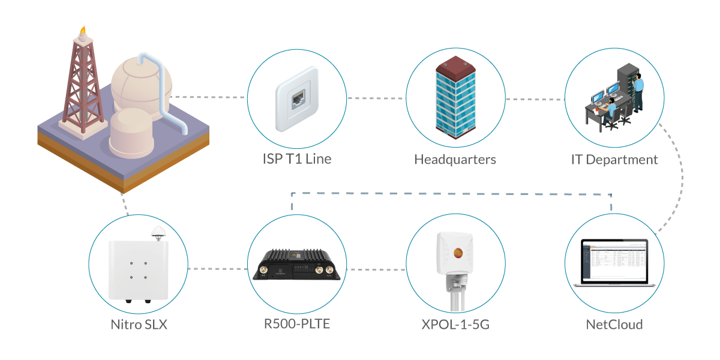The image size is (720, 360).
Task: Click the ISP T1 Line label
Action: coord(297,160)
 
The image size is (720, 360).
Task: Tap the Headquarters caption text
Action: coord(455,160)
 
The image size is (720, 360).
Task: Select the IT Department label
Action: coord(614,160)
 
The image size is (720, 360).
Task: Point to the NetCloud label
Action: coord(614,325)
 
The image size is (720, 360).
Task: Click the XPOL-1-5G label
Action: coord(455,325)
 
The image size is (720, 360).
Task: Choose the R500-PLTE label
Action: coord(297,325)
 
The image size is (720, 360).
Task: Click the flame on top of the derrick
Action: coord(82,29)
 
